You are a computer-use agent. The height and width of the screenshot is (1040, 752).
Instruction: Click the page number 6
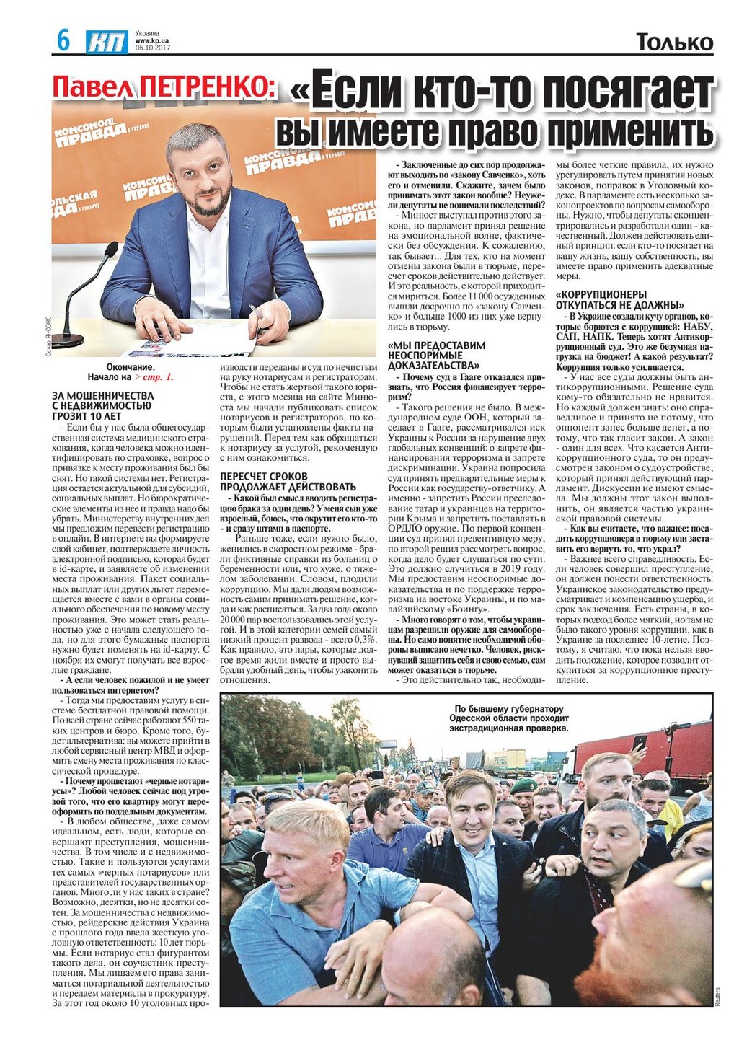click(63, 40)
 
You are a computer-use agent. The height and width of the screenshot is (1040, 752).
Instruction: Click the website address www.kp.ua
click(151, 40)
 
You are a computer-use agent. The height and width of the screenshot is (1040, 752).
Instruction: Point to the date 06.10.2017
click(152, 48)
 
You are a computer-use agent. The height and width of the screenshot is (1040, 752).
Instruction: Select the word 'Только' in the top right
click(674, 43)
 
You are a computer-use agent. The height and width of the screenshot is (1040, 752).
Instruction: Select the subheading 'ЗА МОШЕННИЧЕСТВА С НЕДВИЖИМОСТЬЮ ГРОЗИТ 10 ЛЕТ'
click(103, 406)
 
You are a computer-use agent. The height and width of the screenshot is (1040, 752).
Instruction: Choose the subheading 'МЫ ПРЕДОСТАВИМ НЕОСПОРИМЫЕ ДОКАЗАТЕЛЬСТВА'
click(437, 355)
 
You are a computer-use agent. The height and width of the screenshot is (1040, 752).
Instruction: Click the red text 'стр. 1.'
click(158, 377)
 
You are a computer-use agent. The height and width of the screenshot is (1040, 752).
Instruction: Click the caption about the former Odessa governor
click(509, 718)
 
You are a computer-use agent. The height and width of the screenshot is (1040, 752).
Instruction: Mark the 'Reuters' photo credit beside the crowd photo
click(718, 995)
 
